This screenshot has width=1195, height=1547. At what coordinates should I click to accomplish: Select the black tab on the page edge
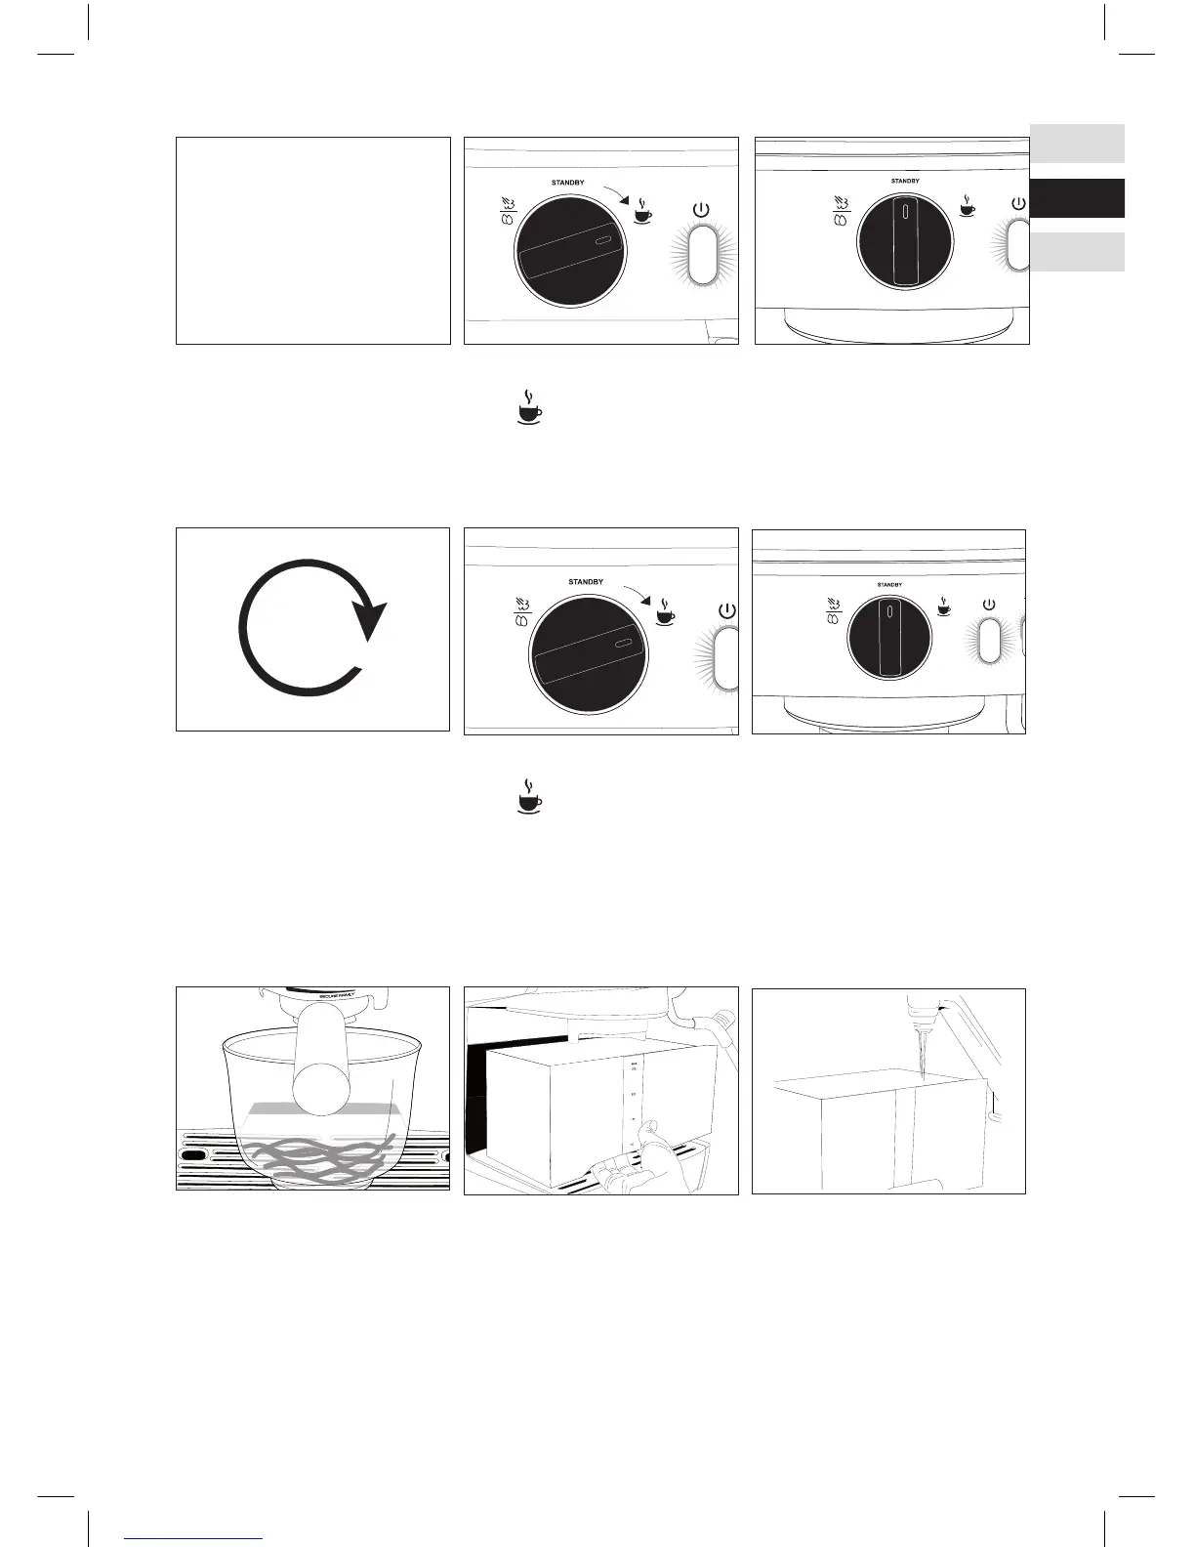click(1077, 198)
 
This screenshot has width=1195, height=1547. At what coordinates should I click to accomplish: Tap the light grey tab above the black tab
click(1077, 143)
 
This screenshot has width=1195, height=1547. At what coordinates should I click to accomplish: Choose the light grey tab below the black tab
click(1077, 252)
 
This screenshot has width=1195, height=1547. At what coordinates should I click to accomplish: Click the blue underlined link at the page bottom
click(194, 1538)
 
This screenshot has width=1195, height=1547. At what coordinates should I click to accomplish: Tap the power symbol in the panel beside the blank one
click(699, 209)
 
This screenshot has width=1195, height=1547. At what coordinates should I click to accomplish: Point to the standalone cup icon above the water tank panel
click(529, 796)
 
